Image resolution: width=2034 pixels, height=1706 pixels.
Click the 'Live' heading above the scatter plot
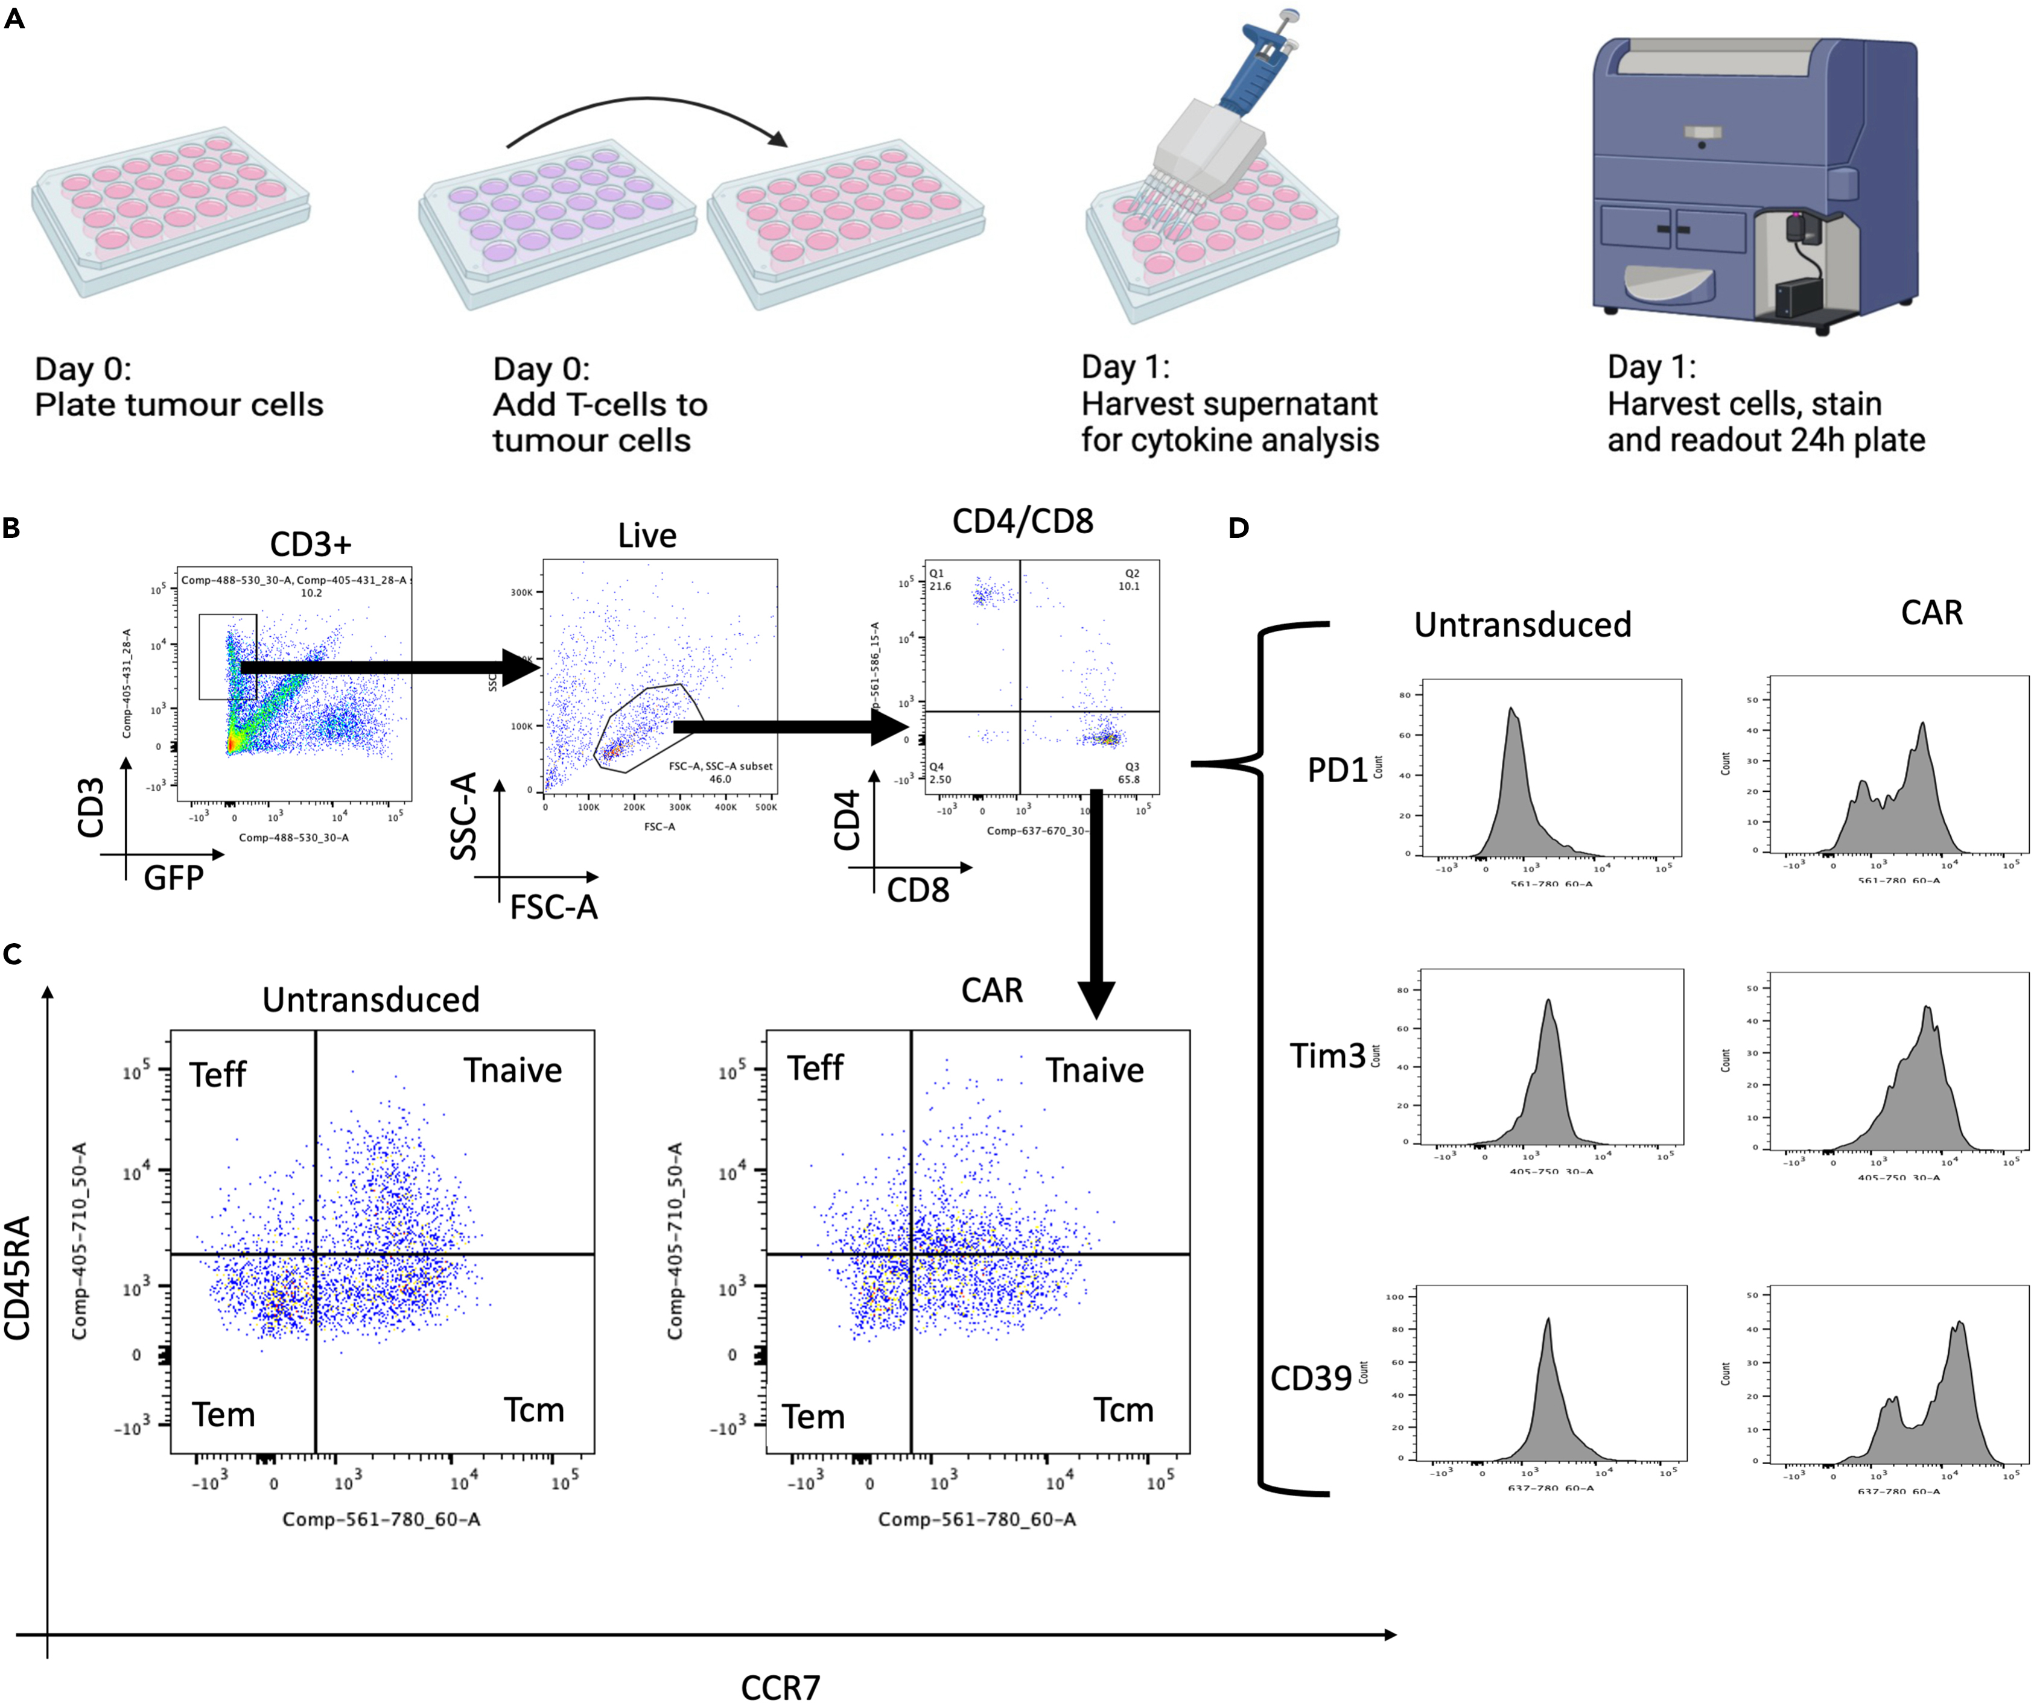click(647, 535)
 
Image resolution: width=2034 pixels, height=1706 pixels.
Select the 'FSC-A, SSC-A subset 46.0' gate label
click(720, 772)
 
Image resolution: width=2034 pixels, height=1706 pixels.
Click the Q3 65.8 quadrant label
click(1130, 772)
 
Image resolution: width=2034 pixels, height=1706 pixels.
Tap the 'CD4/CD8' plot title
click(1022, 522)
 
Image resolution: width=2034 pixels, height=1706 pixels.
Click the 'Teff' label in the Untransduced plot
click(218, 1075)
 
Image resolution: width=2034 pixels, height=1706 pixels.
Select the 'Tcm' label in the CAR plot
click(1123, 1411)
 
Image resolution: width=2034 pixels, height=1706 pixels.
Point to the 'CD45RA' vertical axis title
click(18, 1278)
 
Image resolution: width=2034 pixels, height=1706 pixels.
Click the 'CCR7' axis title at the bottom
click(780, 1687)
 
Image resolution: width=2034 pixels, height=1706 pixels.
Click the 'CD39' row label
click(1311, 1378)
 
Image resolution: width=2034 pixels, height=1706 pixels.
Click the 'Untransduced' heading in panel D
click(1522, 625)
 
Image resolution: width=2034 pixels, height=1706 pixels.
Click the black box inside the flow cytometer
click(1797, 299)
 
